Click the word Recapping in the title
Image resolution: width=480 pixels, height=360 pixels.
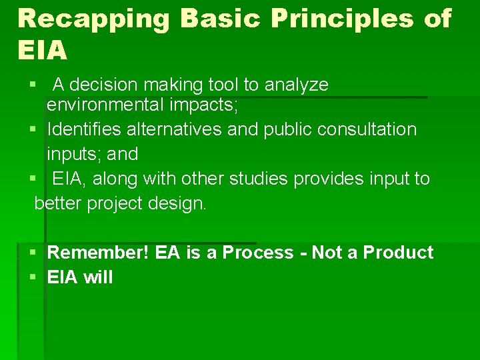[93, 19]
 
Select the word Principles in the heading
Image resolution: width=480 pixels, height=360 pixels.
[347, 19]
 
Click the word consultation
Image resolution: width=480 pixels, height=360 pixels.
[366, 129]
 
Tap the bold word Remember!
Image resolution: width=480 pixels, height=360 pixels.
[99, 253]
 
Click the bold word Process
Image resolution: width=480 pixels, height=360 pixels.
[257, 253]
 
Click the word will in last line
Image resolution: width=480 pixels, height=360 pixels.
[98, 277]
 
